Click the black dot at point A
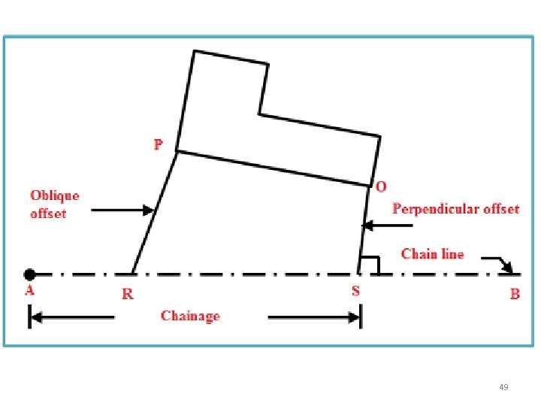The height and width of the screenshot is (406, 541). [x=29, y=274]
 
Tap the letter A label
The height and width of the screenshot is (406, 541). [x=29, y=290]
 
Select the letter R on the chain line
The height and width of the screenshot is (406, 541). [x=128, y=294]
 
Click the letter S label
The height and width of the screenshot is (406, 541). [x=356, y=291]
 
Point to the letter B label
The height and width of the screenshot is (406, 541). [x=515, y=294]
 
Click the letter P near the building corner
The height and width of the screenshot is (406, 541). [x=158, y=144]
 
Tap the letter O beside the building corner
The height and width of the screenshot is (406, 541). [x=382, y=186]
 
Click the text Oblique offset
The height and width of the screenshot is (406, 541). [x=54, y=205]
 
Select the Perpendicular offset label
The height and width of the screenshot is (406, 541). [x=455, y=209]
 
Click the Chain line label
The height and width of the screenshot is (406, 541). [x=433, y=254]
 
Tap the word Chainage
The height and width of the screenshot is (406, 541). [x=190, y=316]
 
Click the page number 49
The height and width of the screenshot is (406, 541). [x=503, y=387]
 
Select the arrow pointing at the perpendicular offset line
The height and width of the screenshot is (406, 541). [x=388, y=225]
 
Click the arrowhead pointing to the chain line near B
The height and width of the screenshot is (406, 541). [x=506, y=267]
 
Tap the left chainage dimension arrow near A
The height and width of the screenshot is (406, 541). [x=71, y=318]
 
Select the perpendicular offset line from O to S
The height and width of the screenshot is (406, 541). [x=364, y=226]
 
